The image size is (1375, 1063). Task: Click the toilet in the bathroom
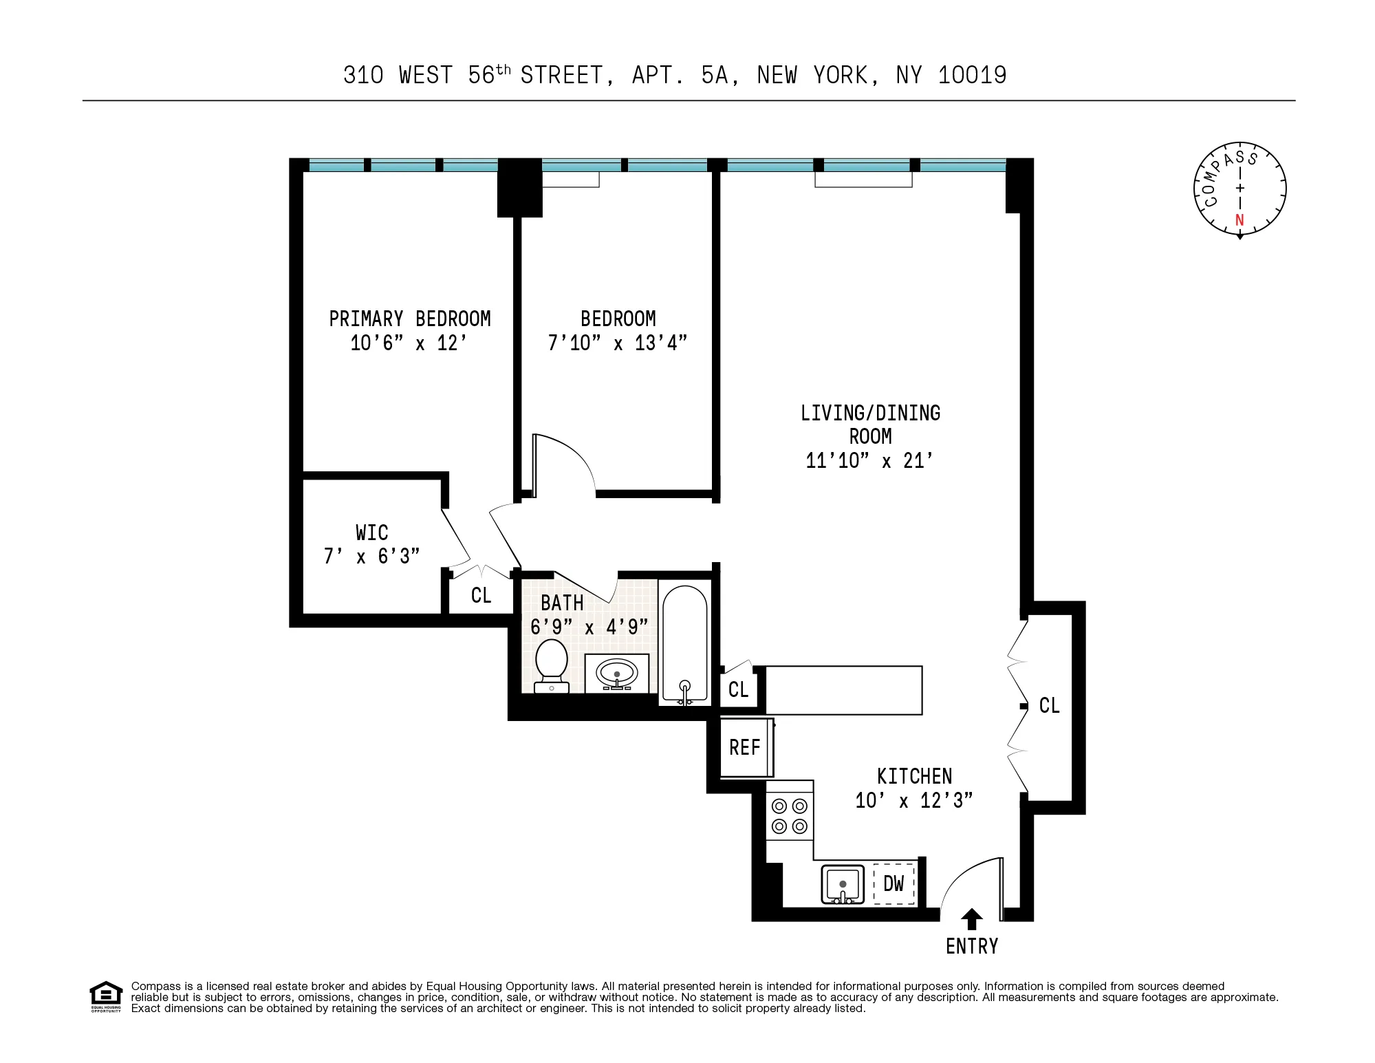(552, 664)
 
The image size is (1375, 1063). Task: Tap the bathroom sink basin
(616, 674)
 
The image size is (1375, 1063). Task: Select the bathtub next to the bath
(684, 643)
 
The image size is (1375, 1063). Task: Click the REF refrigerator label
(744, 748)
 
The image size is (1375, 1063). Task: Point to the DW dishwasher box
(894, 884)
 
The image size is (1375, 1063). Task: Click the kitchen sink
(843, 884)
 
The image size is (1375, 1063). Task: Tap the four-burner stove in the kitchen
(790, 816)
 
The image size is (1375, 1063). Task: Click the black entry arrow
(971, 919)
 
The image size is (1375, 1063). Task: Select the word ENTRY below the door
(971, 947)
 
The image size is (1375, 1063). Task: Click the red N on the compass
(1239, 220)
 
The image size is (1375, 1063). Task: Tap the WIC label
(371, 533)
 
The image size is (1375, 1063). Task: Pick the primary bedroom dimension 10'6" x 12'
(409, 343)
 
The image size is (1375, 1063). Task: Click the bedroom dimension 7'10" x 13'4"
(617, 343)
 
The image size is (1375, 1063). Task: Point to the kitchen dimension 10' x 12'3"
(913, 801)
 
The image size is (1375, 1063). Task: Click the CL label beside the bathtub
(738, 689)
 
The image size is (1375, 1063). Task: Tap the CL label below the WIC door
(481, 595)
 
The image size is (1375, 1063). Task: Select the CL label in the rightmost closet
(1049, 705)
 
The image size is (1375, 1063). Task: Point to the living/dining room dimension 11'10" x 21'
(869, 460)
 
